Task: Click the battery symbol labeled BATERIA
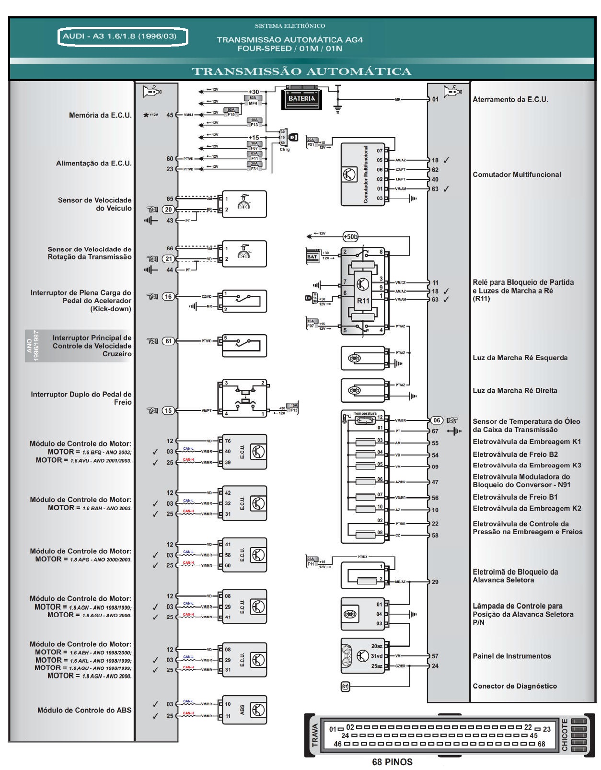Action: pos(302,98)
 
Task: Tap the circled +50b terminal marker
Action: pos(350,236)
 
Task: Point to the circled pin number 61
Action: pos(168,341)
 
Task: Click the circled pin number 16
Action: pos(168,297)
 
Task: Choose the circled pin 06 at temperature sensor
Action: pos(436,420)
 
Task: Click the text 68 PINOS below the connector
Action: pos(392,762)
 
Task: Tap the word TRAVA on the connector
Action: pos(315,735)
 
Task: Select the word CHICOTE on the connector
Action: pos(565,735)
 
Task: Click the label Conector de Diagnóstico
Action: pos(514,686)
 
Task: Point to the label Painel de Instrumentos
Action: pos(511,656)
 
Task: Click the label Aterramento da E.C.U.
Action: pos(510,100)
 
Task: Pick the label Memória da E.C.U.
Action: pos(100,115)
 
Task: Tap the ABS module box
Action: pos(244,710)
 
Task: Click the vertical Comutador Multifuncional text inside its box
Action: pos(365,175)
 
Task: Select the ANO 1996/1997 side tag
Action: pos(32,346)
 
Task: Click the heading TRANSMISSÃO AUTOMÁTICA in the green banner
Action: pos(301,72)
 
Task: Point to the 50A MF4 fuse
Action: pos(253,100)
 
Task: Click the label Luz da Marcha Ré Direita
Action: pos(515,391)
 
